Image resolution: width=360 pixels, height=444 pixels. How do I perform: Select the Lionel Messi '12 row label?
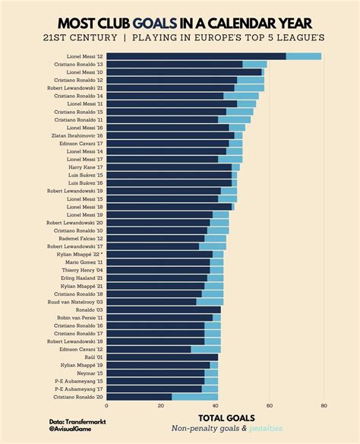click(85, 56)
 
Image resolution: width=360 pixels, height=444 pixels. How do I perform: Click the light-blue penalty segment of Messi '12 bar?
click(304, 56)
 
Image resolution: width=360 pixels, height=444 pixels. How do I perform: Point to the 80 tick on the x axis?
click(324, 406)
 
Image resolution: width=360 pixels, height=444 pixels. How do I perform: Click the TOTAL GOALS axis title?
click(226, 418)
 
